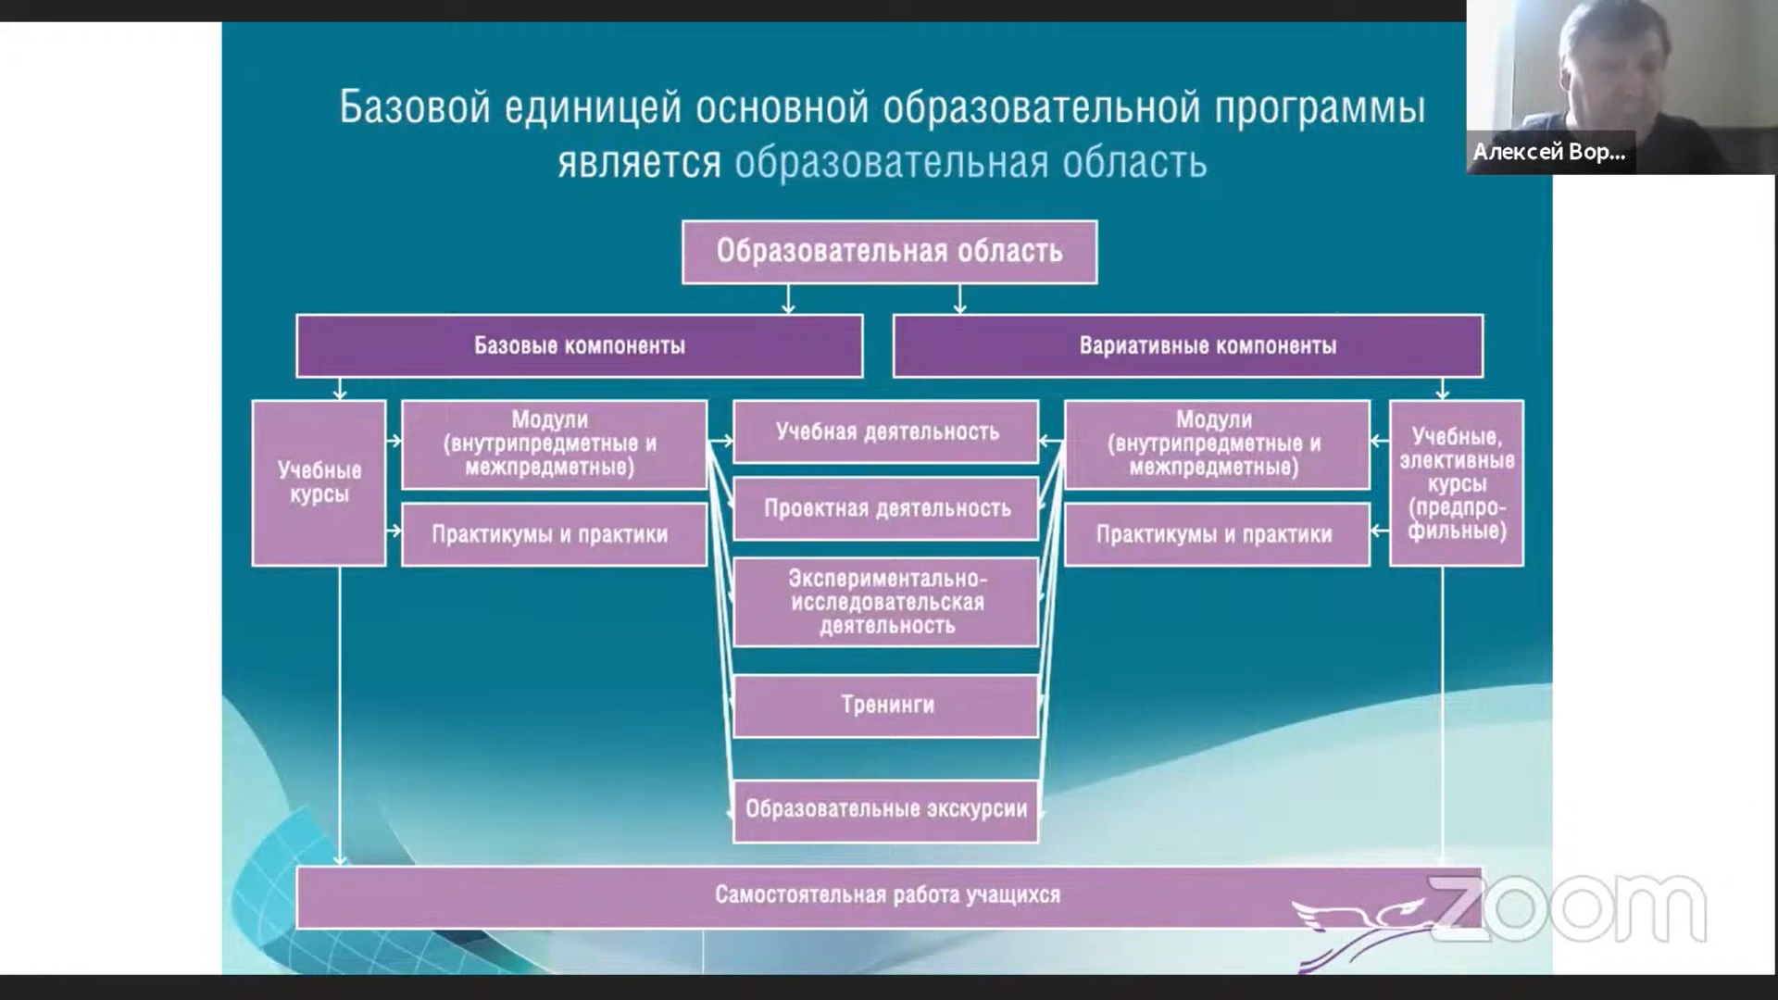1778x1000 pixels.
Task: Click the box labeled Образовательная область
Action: click(x=889, y=252)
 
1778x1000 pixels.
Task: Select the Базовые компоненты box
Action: click(x=580, y=346)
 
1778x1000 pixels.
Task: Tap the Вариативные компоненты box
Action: click(x=1188, y=346)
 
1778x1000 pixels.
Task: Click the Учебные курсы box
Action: click(x=319, y=482)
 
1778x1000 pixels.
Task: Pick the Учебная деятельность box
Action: click(x=886, y=431)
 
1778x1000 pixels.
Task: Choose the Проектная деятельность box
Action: click(x=886, y=508)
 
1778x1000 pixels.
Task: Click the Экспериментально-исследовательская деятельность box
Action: click(x=886, y=602)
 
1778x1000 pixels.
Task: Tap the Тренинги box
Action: click(x=886, y=706)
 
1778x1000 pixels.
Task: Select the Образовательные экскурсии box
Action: click(x=886, y=810)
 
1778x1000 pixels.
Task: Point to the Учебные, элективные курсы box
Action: click(x=1457, y=482)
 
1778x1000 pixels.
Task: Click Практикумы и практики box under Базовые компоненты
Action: click(x=555, y=534)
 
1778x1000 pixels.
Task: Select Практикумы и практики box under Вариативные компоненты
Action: click(x=1217, y=534)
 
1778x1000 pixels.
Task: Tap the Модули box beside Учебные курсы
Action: click(x=555, y=444)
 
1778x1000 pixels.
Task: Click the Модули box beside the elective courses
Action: click(x=1217, y=444)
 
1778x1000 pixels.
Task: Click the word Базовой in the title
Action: click(x=414, y=107)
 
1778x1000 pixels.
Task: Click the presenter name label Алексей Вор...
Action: click(x=1549, y=152)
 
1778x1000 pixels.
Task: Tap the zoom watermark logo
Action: click(x=1568, y=908)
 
